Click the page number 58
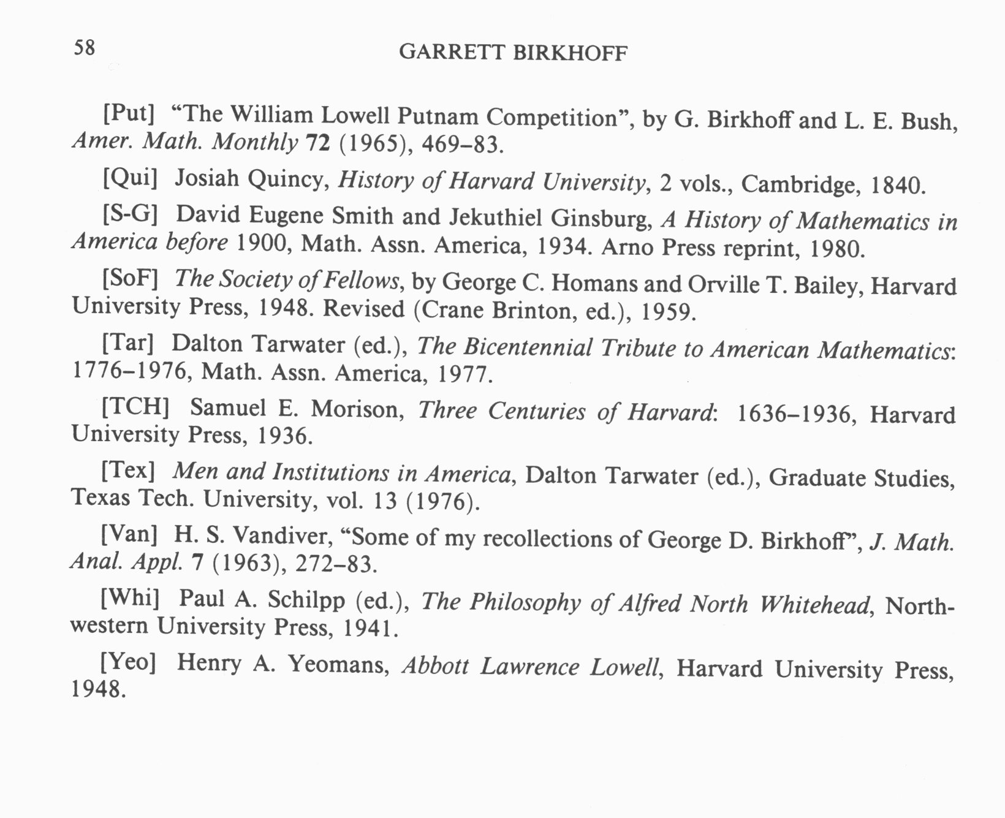coord(85,47)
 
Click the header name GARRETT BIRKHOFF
coord(513,53)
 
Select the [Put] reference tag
coord(127,113)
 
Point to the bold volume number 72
coord(317,143)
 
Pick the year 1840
coord(898,184)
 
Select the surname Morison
coord(356,409)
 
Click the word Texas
coord(100,497)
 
